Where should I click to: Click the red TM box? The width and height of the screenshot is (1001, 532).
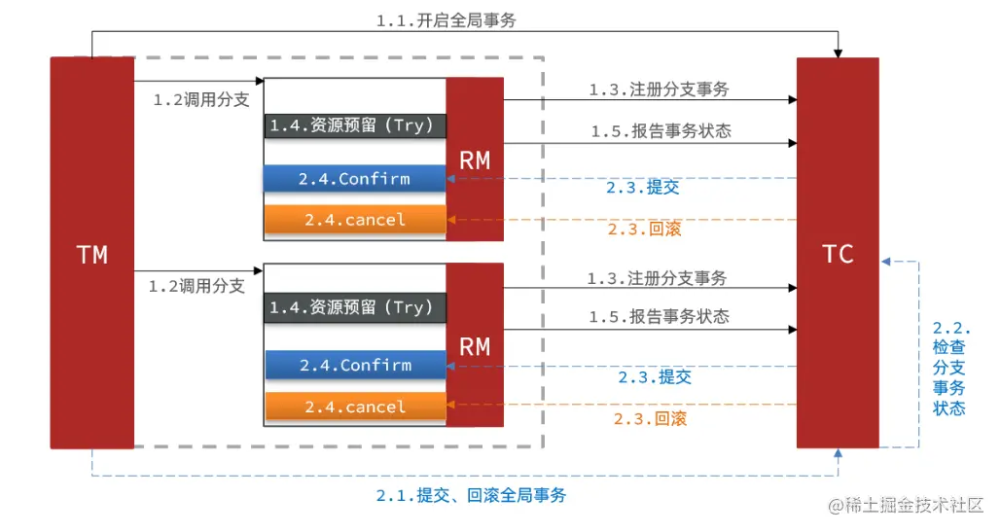(x=91, y=253)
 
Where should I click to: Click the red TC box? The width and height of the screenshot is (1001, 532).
(x=838, y=253)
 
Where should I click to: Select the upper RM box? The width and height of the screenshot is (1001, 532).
(x=475, y=160)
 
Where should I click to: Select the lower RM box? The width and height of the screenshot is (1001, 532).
(x=475, y=345)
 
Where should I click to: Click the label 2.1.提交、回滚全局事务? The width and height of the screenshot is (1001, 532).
(x=472, y=495)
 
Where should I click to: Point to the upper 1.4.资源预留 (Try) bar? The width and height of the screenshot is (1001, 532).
(x=355, y=125)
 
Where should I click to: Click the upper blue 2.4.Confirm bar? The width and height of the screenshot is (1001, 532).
(x=355, y=179)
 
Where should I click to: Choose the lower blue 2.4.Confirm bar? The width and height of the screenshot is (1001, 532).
(x=355, y=366)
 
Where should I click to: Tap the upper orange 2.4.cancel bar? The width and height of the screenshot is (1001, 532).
(x=355, y=220)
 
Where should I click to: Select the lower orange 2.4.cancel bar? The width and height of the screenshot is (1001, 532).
(x=355, y=407)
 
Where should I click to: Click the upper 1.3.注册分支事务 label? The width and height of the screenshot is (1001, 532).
(x=659, y=89)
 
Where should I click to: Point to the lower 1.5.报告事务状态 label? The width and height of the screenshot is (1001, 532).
(x=659, y=317)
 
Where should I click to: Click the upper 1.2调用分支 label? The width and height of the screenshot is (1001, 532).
(x=201, y=99)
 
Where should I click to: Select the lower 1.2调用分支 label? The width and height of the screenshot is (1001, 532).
(x=197, y=287)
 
